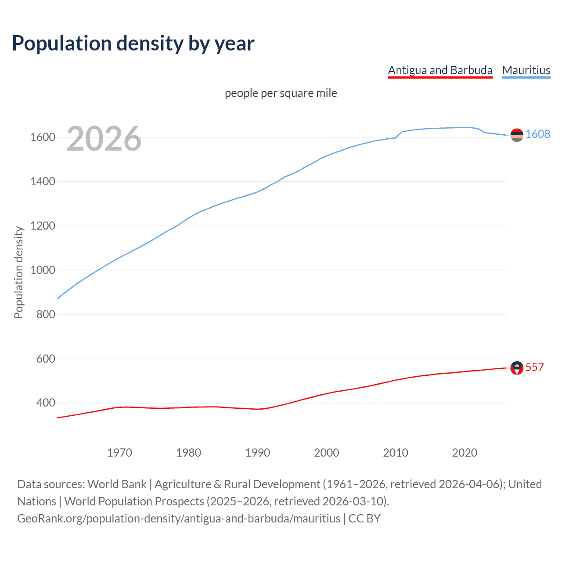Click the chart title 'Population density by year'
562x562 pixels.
coord(133,43)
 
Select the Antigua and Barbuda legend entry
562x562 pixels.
coord(440,70)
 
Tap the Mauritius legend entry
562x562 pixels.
coord(526,70)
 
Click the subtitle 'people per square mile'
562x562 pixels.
coord(281,93)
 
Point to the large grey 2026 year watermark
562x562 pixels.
coord(104,139)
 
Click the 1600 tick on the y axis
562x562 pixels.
coord(43,137)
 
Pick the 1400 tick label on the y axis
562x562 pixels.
coord(43,181)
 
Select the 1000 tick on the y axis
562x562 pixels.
coord(43,270)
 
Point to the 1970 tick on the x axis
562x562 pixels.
coord(119,453)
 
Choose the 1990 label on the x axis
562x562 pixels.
coord(258,453)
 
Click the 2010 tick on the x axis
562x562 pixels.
coord(396,453)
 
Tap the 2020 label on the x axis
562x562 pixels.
coord(465,453)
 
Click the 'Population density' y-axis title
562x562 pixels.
coord(18,272)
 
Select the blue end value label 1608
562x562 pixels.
coord(538,134)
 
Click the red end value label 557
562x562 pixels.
coord(535,367)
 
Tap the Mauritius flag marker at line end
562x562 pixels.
coord(517,135)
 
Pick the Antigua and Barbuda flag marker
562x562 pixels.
coord(517,368)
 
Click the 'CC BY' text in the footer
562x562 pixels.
coord(364,519)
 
